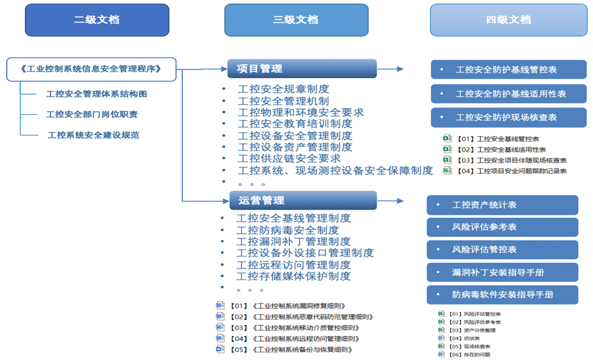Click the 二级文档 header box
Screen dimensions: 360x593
tap(97, 20)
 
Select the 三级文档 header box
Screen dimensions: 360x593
tap(296, 20)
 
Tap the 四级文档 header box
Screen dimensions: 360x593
tap(508, 20)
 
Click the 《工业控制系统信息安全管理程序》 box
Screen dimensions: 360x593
tap(92, 69)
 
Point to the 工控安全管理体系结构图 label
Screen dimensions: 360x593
tap(96, 94)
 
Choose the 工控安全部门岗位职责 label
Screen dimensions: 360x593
tap(91, 114)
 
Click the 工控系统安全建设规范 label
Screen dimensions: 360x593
tap(93, 135)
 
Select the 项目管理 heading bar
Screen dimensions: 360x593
tap(302, 69)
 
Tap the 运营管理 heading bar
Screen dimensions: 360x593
tap(302, 200)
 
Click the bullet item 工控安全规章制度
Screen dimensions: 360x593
tap(283, 89)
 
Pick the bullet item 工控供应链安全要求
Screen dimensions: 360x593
tap(289, 158)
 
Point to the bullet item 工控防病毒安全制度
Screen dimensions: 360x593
tap(287, 230)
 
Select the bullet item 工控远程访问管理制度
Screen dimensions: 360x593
tap(293, 264)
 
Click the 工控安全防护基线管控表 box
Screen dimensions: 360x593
tap(508, 69)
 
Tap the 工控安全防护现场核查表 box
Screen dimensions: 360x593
tap(508, 118)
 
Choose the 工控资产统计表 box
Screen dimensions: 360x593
tap(502, 205)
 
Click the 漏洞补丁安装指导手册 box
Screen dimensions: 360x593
tap(502, 273)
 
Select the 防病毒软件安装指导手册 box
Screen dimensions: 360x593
tap(502, 295)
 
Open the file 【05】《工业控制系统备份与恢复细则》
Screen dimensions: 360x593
tap(291, 349)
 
